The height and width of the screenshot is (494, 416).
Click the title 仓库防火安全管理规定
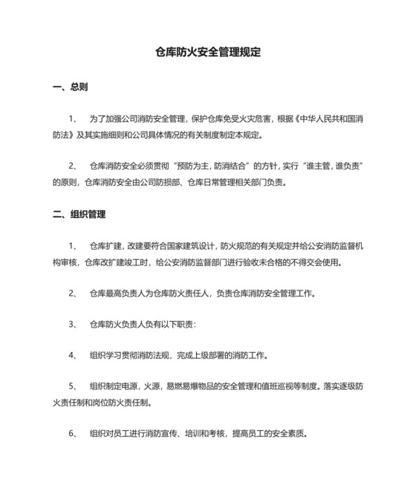click(x=207, y=53)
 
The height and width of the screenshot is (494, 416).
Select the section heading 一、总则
click(x=71, y=87)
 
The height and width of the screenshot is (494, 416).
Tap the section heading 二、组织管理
click(x=79, y=214)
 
